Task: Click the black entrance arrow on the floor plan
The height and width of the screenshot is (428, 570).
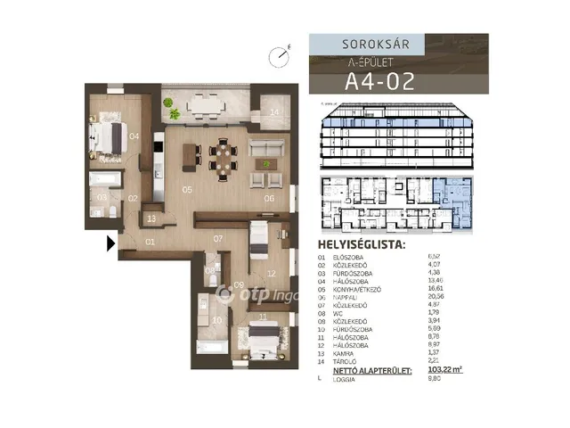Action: [x=110, y=243]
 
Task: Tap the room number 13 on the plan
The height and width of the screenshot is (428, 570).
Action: [x=151, y=218]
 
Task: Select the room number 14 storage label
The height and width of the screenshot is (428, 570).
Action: [x=274, y=111]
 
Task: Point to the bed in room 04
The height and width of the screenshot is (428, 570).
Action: [x=106, y=140]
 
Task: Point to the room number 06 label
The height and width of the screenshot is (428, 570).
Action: [x=268, y=198]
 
